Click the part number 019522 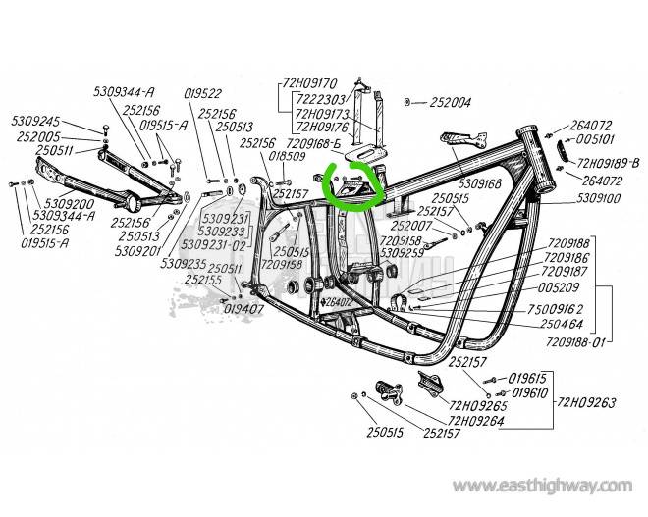[x=204, y=93]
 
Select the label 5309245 [x=35, y=121]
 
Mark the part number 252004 [x=450, y=102]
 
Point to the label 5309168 [x=479, y=182]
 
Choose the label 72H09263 [x=590, y=401]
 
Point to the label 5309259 [x=402, y=252]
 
